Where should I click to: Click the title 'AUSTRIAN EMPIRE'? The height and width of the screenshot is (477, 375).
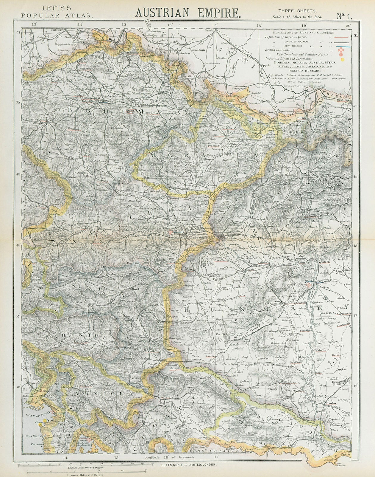click(188, 13)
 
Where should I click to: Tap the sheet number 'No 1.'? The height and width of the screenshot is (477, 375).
click(344, 16)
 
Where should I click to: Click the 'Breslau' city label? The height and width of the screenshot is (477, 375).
click(210, 30)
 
